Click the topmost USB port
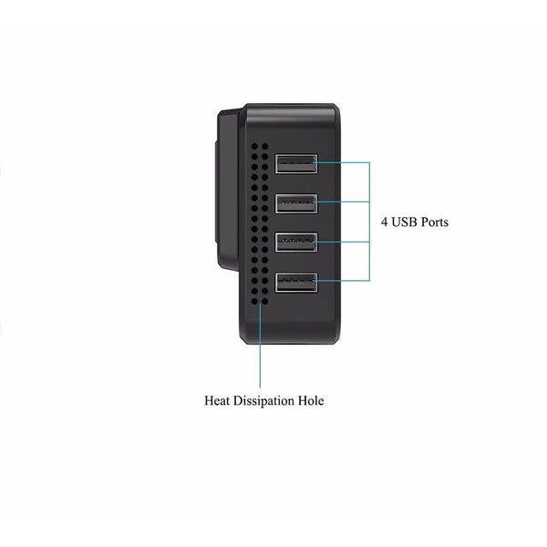tap(296, 163)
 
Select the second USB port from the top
tap(296, 203)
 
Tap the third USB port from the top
tap(296, 243)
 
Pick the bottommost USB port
tap(296, 283)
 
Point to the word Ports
tap(435, 222)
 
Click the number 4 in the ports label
tap(384, 222)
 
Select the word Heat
tap(217, 400)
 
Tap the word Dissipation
tap(263, 400)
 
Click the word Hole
tap(311, 400)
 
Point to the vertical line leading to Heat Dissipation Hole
tap(260, 345)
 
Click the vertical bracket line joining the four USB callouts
tap(369, 222)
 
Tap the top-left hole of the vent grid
tap(254, 146)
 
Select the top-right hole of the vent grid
tap(264, 146)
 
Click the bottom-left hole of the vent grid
tap(254, 301)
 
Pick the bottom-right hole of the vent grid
tap(264, 301)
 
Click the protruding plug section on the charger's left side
tap(228, 191)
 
